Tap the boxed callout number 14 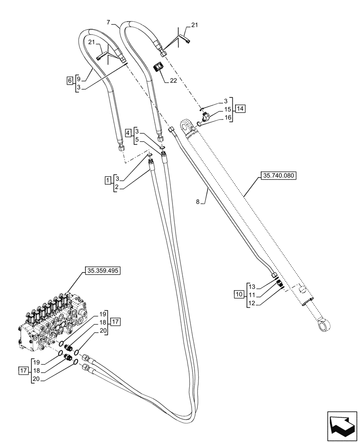240,109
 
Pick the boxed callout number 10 238,294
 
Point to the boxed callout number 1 107,180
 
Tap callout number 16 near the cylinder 228,117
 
